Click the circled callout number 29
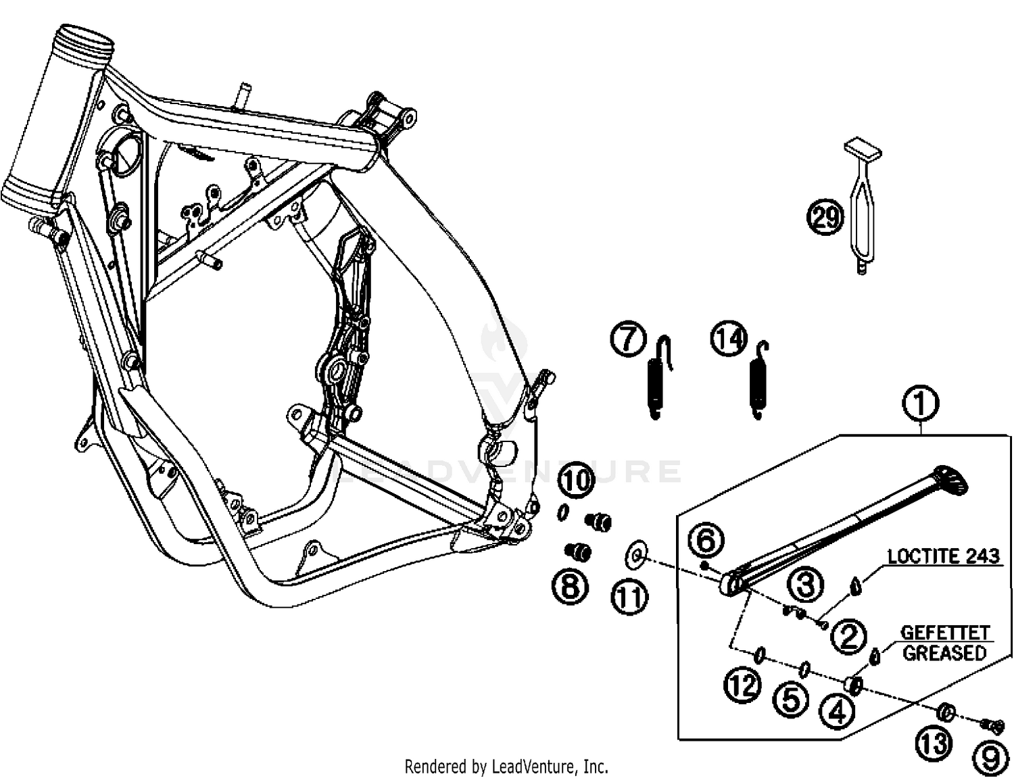tap(825, 218)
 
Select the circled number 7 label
tap(629, 339)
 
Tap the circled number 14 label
tap(729, 339)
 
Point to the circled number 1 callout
tap(921, 404)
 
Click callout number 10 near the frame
tap(576, 481)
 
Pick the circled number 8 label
tap(570, 585)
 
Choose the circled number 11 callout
tap(629, 597)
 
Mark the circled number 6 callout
tap(706, 541)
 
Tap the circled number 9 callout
tap(990, 758)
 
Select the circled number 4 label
tap(837, 711)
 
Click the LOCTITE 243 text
tap(943, 556)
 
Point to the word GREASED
tap(944, 653)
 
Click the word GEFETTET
tap(944, 633)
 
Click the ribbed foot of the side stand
tap(951, 479)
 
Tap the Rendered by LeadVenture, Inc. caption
tap(506, 766)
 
